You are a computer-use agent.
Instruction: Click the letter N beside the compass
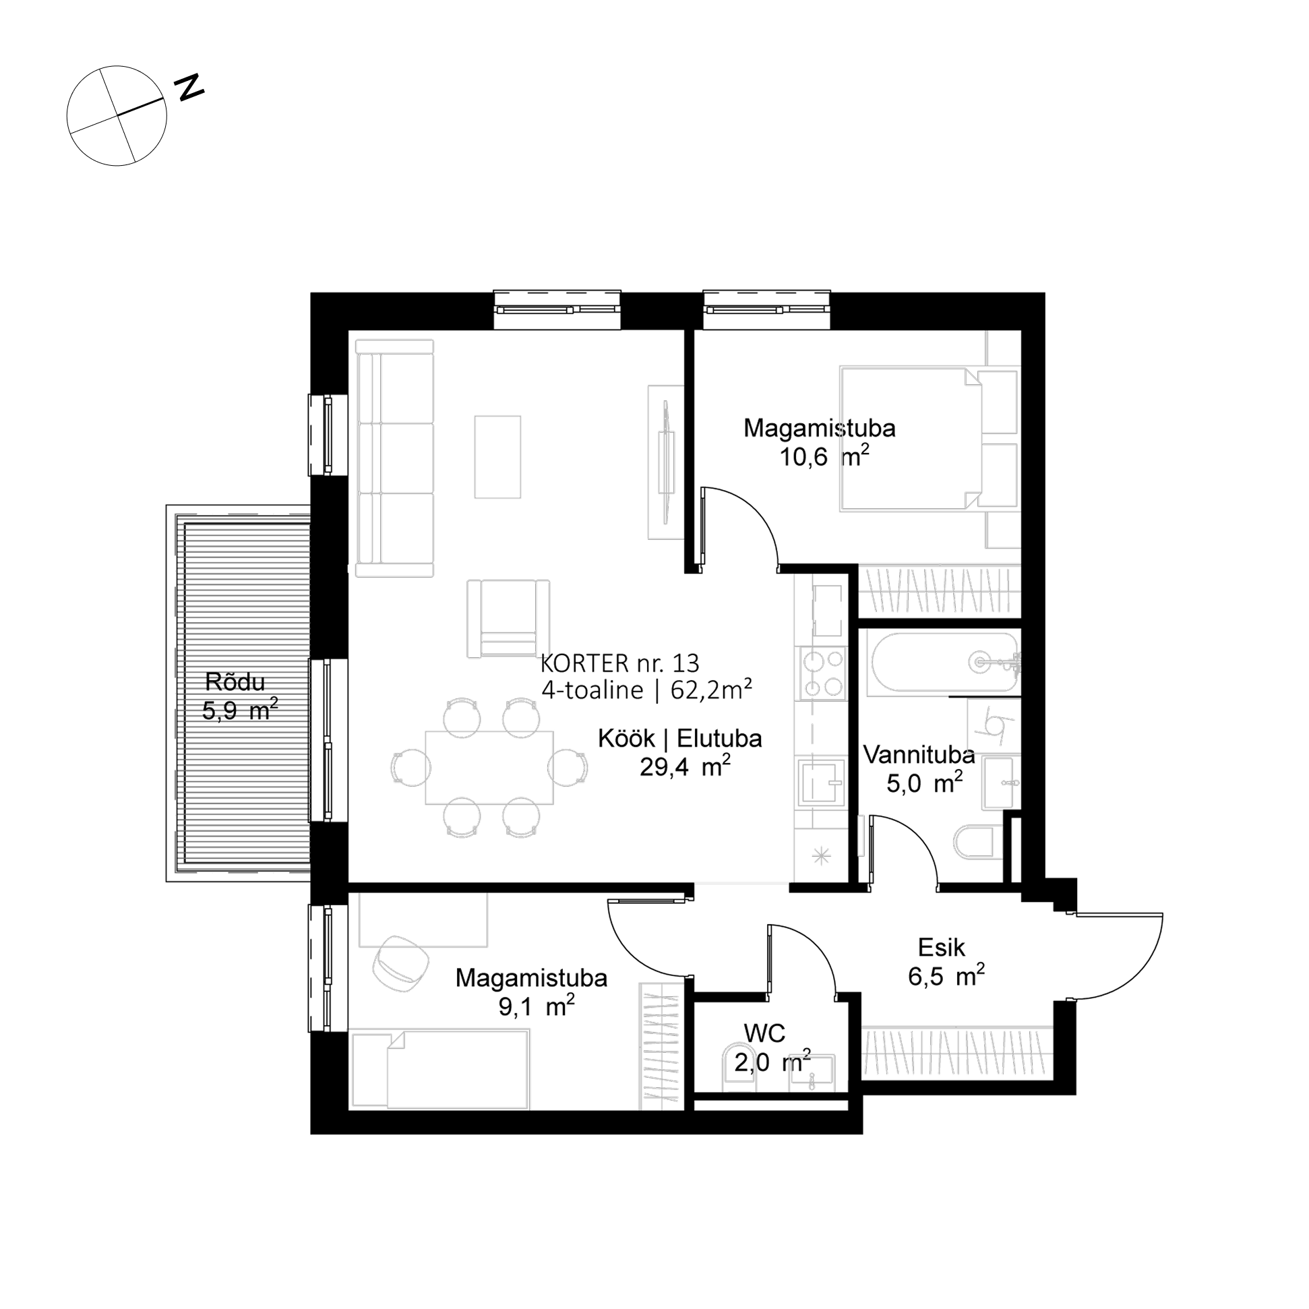tap(189, 88)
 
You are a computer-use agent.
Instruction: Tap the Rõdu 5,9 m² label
tap(240, 696)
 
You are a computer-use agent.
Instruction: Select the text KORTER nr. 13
tap(620, 663)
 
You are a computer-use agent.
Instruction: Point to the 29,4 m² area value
tap(685, 766)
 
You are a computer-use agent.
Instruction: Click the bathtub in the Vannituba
tap(944, 662)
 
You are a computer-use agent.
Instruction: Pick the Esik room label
tap(941, 947)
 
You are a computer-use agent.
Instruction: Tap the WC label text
tap(764, 1034)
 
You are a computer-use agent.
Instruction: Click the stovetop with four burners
tap(823, 673)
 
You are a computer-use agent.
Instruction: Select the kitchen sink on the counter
tap(822, 783)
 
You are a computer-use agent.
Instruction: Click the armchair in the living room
tap(508, 619)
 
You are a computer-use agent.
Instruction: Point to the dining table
tap(489, 768)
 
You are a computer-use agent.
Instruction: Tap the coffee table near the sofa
tap(497, 457)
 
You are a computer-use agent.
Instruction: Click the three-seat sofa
tap(394, 459)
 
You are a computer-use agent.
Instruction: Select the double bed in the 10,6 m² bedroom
tap(911, 438)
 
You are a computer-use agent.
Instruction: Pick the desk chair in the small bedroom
tap(400, 964)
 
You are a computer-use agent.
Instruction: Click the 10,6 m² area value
tap(824, 456)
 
